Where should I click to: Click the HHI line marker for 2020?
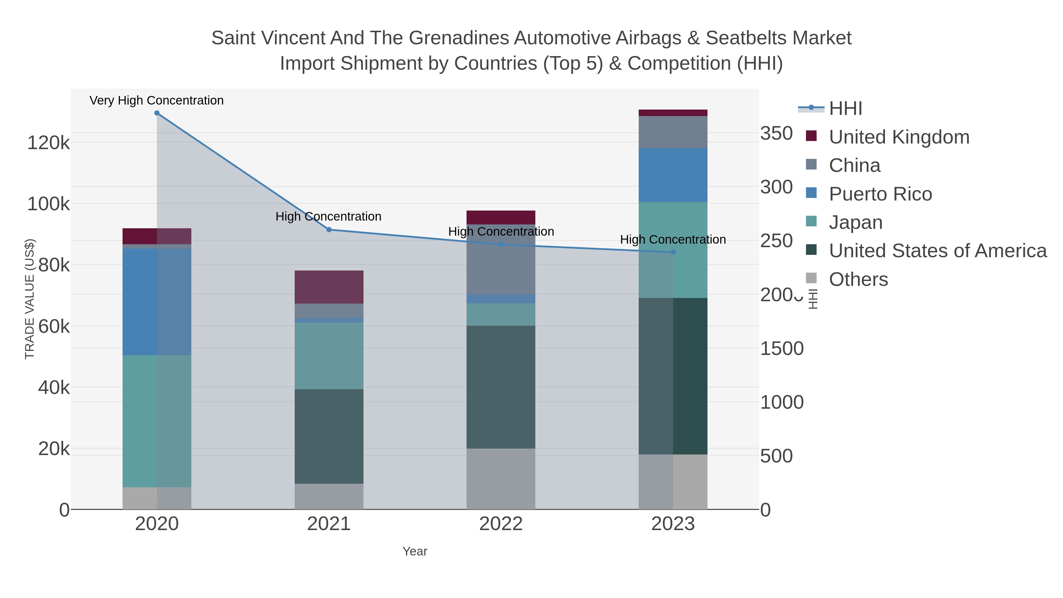157,113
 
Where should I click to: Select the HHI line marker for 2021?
329,230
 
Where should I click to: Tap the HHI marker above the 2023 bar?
673,252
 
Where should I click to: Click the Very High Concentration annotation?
156,101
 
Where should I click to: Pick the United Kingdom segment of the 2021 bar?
329,287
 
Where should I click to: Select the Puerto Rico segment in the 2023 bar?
673,175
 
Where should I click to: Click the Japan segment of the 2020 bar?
157,421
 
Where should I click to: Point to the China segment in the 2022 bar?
501,259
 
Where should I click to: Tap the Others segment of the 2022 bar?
501,479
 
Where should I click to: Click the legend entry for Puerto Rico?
880,194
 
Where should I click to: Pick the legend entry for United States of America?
938,251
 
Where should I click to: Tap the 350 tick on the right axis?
777,134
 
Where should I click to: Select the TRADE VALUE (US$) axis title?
30,299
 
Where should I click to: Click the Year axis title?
415,551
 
